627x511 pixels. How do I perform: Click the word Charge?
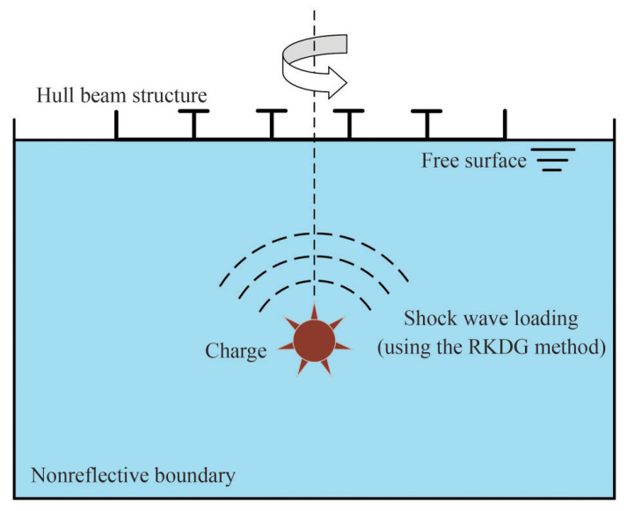[236, 352]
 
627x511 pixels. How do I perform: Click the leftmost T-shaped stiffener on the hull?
[193, 123]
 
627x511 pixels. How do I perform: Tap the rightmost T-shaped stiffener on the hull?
[427, 123]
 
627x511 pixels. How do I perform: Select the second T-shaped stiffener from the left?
[271, 123]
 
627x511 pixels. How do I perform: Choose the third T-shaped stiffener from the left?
[350, 123]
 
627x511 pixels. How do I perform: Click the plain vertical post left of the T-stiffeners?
[116, 125]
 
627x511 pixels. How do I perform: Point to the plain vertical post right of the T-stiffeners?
[505, 125]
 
